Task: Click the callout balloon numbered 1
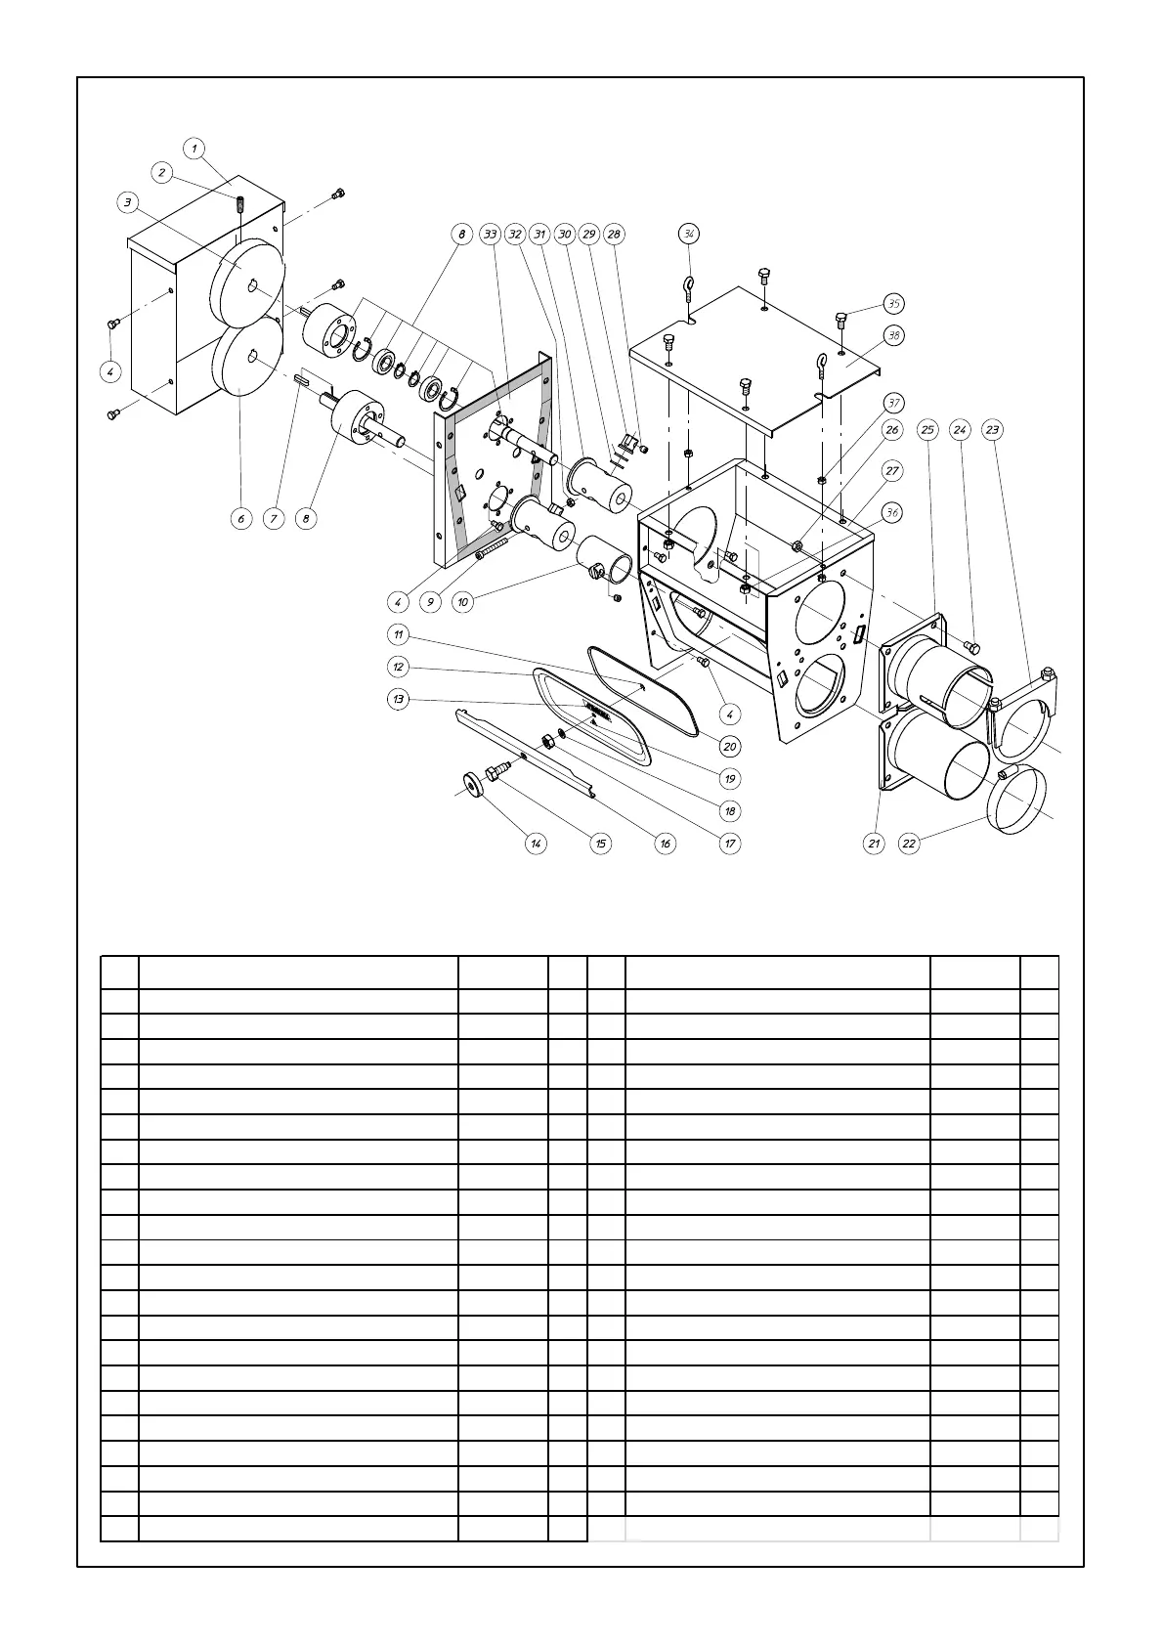[x=194, y=149]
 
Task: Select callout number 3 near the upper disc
[x=128, y=202]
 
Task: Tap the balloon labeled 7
[x=274, y=518]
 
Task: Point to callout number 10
[x=462, y=602]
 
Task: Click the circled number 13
[x=398, y=699]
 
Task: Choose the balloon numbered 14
[x=536, y=844]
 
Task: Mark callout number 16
[x=666, y=844]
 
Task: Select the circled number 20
[x=730, y=746]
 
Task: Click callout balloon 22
[x=910, y=844]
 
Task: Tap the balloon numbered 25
[x=927, y=430]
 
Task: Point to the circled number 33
[x=491, y=235]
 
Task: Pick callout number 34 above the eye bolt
[x=689, y=235]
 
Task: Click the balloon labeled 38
[x=893, y=335]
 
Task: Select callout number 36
[x=891, y=512]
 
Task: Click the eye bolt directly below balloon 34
[x=688, y=290]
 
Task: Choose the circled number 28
[x=614, y=235]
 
